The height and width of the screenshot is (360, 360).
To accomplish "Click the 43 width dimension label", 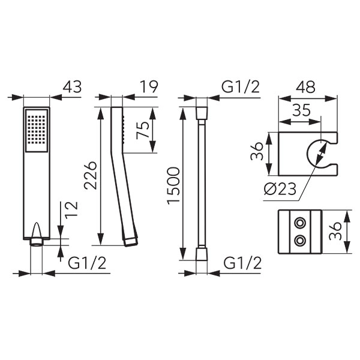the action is (72, 87).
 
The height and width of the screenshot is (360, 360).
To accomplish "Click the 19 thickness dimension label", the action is (149, 87).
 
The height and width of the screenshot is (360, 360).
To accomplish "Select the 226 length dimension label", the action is (90, 176).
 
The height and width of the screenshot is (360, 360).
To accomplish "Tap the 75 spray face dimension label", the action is (143, 130).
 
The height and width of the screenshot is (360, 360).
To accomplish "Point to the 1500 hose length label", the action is (173, 186).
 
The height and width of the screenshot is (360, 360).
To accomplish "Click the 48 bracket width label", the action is (305, 87).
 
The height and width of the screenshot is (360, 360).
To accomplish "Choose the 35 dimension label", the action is (301, 110).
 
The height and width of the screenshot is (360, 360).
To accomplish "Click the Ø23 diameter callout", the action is (280, 189).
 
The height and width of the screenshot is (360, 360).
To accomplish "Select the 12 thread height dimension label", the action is (71, 210).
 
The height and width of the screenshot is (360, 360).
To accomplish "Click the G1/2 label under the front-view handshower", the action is (87, 263).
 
